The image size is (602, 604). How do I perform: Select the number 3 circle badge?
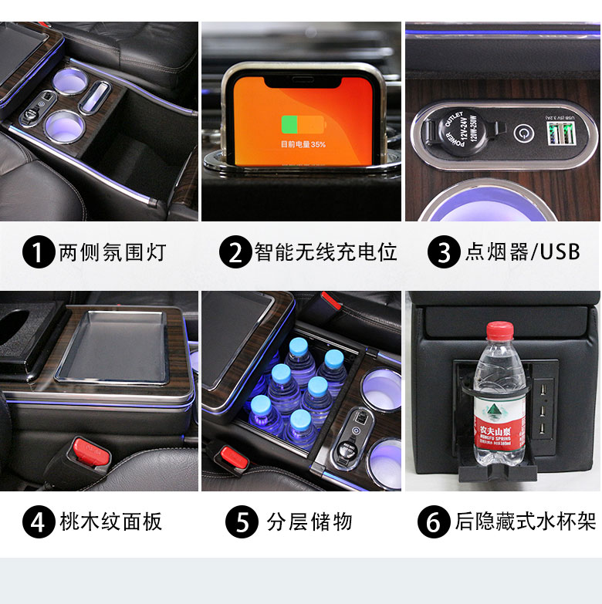(444, 252)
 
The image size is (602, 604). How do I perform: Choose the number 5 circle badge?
(242, 522)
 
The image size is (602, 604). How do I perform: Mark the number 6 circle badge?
(434, 522)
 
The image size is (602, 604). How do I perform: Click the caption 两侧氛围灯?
(113, 252)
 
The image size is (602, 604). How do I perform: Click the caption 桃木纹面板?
(111, 522)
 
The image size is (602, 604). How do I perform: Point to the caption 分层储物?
(309, 522)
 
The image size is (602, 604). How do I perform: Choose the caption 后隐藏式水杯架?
(525, 522)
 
